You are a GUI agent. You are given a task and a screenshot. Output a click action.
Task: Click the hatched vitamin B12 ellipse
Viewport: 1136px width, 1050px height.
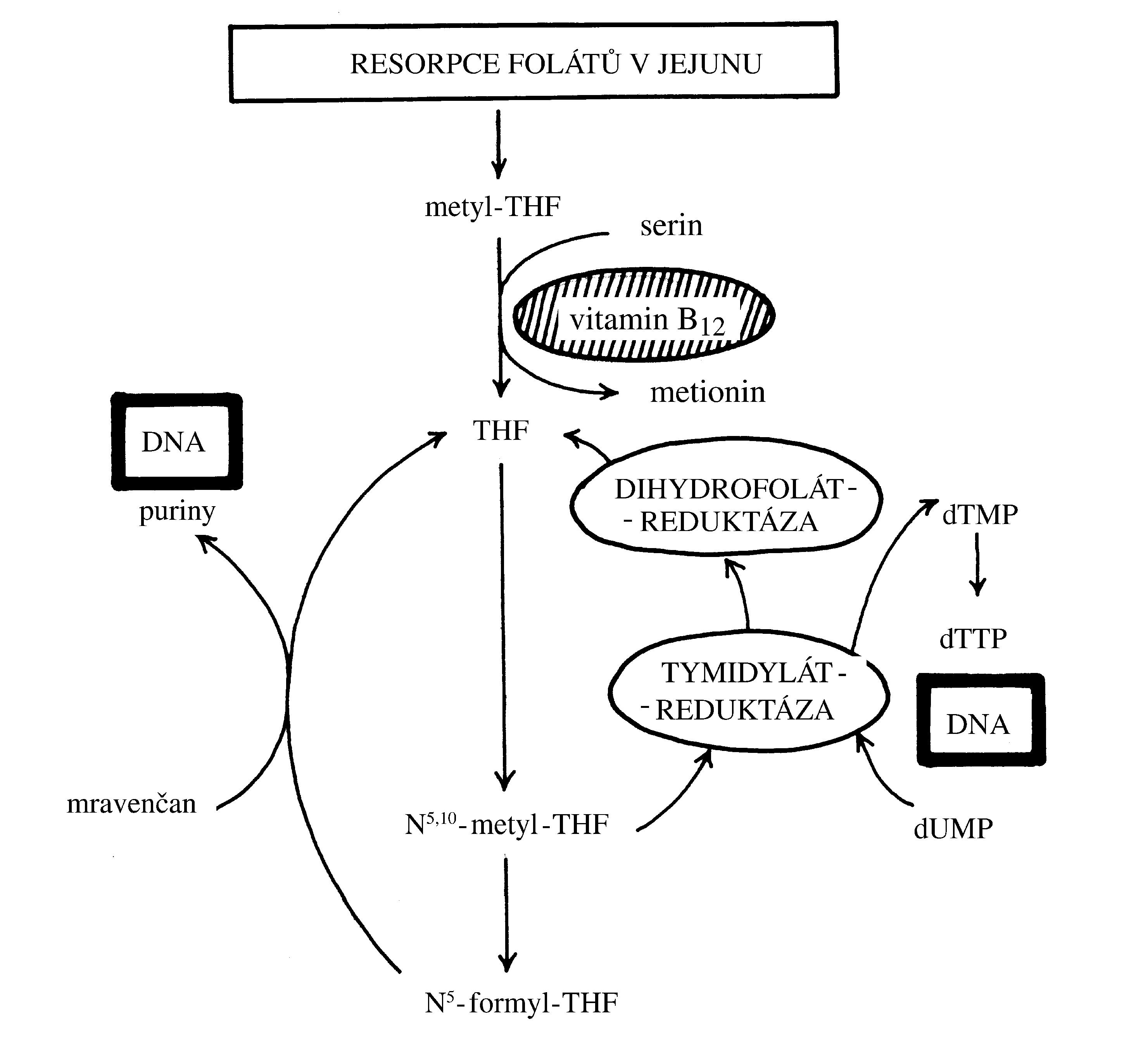pyautogui.click(x=644, y=315)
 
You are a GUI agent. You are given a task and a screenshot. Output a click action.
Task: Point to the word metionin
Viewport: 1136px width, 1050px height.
pyautogui.click(x=707, y=392)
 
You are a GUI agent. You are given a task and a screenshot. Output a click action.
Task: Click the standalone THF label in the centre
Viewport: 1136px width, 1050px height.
pyautogui.click(x=501, y=431)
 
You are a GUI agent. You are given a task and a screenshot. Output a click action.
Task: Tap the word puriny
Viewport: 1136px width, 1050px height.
pyautogui.click(x=177, y=511)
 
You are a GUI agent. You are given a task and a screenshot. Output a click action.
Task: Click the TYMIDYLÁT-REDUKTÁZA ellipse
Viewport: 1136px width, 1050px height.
pyautogui.click(x=748, y=691)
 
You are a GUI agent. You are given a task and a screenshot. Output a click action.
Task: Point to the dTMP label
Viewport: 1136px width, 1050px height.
pyautogui.click(x=980, y=515)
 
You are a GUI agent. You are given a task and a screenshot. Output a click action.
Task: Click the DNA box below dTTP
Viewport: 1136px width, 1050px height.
pyautogui.click(x=981, y=720)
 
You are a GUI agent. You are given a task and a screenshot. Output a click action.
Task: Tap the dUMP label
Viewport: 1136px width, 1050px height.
pyautogui.click(x=953, y=829)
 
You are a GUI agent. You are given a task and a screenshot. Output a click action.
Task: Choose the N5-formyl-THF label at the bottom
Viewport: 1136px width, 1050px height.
pyautogui.click(x=521, y=1003)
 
